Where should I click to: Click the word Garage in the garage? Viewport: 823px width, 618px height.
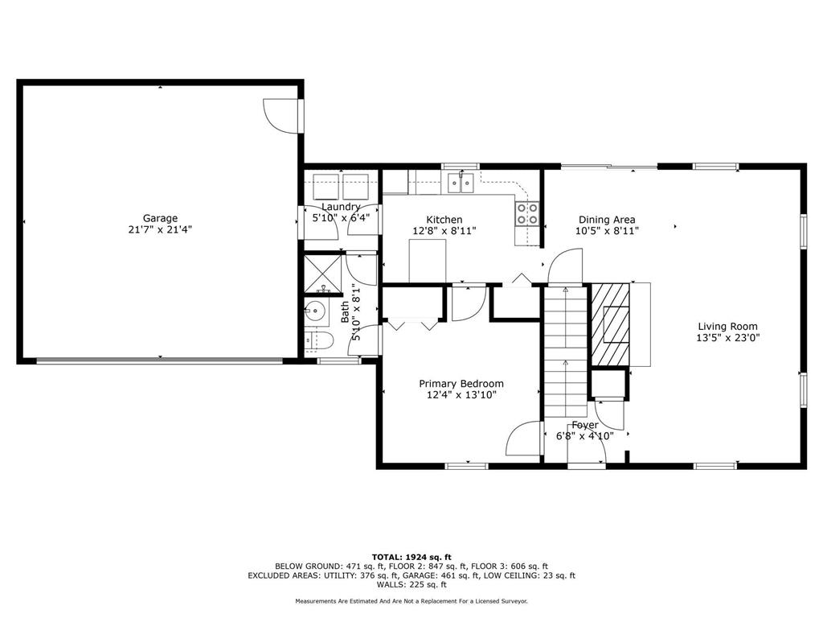click(160, 218)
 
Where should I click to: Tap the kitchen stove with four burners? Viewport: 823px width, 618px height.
click(527, 213)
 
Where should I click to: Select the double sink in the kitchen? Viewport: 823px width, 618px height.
click(461, 184)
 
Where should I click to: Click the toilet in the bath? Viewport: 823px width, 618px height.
click(321, 340)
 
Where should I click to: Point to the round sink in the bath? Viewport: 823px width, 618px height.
click(314, 309)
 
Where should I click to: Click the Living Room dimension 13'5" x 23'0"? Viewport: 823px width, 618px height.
click(727, 338)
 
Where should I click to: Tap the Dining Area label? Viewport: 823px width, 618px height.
click(607, 220)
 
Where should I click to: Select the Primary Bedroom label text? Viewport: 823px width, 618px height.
click(461, 384)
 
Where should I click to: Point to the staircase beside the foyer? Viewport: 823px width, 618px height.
click(566, 350)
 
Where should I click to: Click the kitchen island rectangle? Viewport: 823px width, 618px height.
click(428, 262)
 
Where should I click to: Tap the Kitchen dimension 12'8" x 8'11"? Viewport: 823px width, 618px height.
click(444, 231)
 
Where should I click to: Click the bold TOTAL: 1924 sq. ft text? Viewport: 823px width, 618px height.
click(411, 557)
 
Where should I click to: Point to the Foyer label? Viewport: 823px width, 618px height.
click(584, 425)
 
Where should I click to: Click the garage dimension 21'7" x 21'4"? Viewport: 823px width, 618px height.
click(160, 229)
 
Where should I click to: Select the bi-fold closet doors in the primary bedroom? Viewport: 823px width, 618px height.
click(413, 323)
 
